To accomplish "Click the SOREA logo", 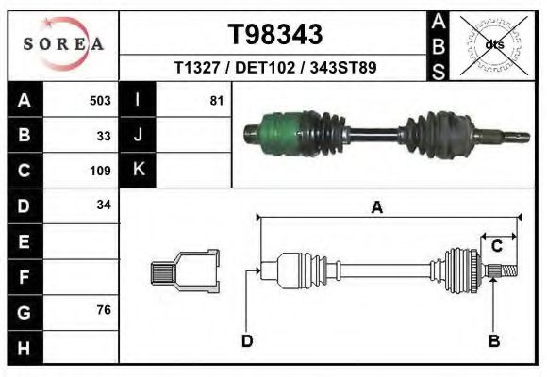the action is pos(63,44).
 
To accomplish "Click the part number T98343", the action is pos(275,34).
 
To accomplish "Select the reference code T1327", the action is pos(197,67).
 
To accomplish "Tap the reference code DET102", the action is pos(265,67).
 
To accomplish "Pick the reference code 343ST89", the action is pos(343,67).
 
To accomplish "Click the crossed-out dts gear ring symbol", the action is pos(494,45).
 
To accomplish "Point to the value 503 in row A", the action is pos(100,101).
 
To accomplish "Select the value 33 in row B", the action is pos(104,136).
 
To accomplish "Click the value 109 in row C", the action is pos(100,171).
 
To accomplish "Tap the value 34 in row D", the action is pos(104,205).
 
